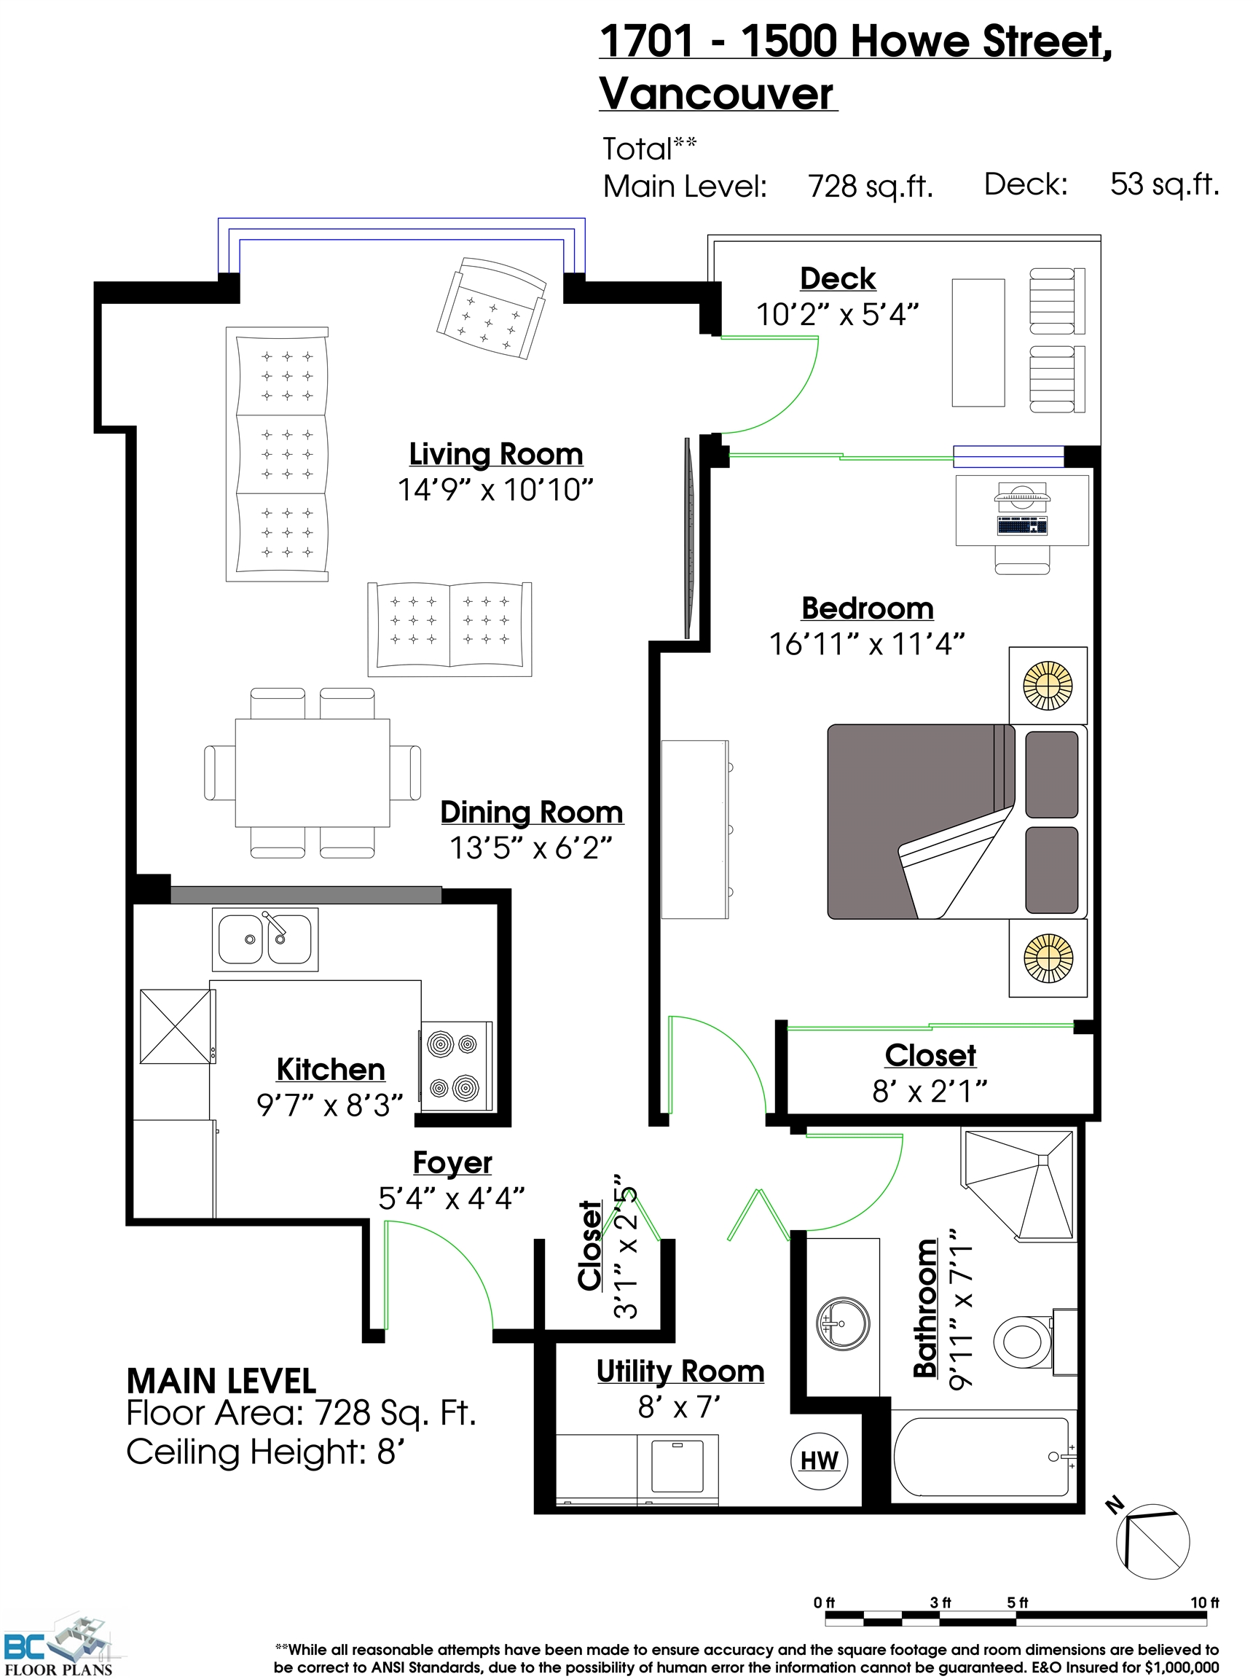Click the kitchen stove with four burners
pos(456,1066)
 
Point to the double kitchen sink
pos(264,939)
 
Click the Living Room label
pos(496,454)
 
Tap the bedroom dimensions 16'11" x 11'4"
pos(867,644)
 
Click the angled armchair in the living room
pos(492,308)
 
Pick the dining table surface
pos(313,772)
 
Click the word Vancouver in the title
pos(717,94)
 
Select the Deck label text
pos(837,278)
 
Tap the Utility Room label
pos(680,1371)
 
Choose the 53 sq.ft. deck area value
pos(1164,184)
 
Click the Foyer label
pos(453,1162)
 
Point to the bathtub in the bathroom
pos(983,1457)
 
